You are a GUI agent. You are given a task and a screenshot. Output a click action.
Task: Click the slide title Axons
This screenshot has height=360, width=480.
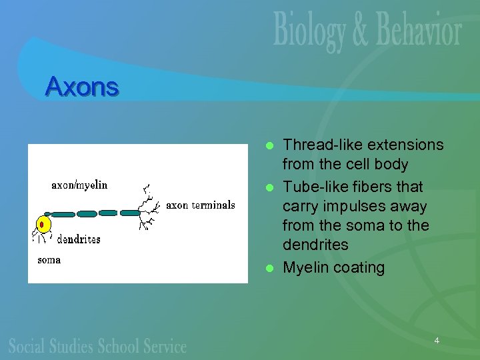pos(82,86)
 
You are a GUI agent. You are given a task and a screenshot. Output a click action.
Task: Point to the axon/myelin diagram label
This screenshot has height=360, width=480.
pos(79,185)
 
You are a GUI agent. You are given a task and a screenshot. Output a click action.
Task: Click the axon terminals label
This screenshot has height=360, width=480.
pos(200,205)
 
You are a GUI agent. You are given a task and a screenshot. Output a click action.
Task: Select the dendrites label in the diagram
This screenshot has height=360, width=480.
pos(79,239)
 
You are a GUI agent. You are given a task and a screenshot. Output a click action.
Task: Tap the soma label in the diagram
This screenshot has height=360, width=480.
pos(49,259)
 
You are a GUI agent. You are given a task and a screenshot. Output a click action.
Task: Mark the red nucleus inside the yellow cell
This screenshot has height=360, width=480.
pos(42,224)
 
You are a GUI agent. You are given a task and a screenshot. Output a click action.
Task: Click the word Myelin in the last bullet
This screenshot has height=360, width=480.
pos(305,267)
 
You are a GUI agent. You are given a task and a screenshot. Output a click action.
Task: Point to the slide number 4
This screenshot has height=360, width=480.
pos(437,341)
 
